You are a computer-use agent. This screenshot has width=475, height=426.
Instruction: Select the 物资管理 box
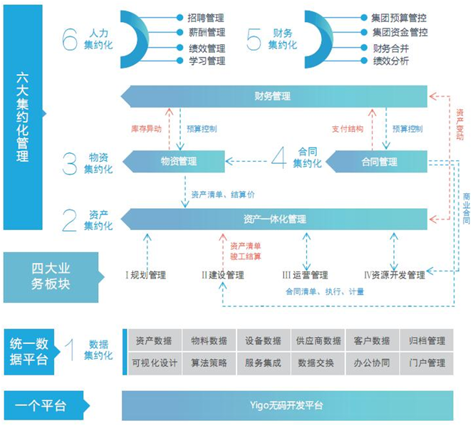pos(179,162)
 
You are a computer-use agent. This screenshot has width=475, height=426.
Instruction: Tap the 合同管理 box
pos(380,162)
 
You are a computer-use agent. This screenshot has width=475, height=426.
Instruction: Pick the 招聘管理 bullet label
pos(207,16)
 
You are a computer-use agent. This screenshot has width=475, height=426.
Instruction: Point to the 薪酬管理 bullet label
pos(207,32)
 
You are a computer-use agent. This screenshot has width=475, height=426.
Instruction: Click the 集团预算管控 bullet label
pos(400,16)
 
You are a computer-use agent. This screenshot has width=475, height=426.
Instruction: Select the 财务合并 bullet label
pos(391,48)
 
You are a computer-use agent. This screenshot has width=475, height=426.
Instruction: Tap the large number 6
pos(69,39)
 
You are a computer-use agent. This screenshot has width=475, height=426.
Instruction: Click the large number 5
pos(254,39)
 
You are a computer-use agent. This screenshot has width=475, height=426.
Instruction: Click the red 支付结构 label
pos(348,130)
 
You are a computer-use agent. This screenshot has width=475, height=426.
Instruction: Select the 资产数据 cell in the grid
pos(153,341)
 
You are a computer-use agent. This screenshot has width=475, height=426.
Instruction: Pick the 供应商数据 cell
pos(318,341)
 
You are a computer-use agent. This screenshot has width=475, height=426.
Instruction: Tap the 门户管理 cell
pos(427,363)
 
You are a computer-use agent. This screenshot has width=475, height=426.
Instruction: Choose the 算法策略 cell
pos(209,363)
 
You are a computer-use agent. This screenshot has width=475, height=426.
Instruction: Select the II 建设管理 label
pos(222,275)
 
